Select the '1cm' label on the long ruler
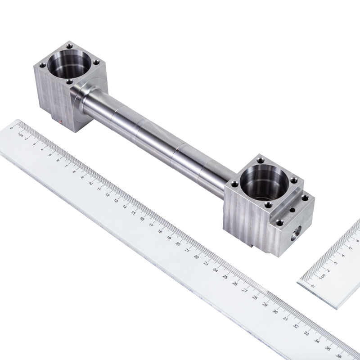click(20, 135)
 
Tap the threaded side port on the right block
click(296, 234)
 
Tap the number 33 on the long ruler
click(306, 333)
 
